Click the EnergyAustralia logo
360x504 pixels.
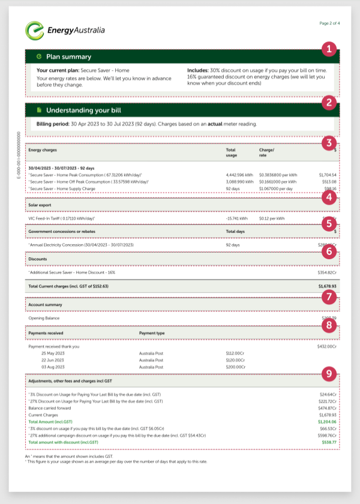(65, 29)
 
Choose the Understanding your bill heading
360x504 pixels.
(85, 110)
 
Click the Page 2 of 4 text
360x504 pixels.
(329, 23)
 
